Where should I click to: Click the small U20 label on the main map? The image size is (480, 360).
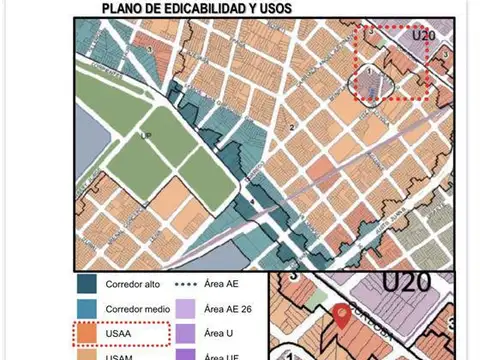click(425, 33)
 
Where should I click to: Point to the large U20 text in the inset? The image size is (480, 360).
click(405, 282)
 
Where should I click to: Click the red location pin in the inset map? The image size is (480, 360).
click(342, 316)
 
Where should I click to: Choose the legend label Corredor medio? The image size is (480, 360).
click(140, 309)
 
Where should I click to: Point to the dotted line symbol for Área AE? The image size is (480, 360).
click(186, 285)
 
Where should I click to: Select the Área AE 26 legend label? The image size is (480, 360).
click(230, 309)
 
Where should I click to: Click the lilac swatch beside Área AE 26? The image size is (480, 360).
click(186, 309)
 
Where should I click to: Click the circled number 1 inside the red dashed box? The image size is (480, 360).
click(369, 72)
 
